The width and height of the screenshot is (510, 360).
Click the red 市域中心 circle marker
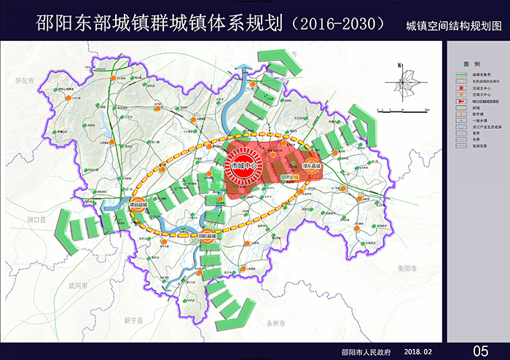(x=243, y=165)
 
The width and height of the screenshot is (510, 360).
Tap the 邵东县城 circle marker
(x=313, y=166)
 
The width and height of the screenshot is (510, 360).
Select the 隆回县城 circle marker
(x=138, y=205)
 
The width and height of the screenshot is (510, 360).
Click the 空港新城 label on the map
(x=290, y=177)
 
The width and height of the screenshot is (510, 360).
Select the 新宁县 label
(x=133, y=320)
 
